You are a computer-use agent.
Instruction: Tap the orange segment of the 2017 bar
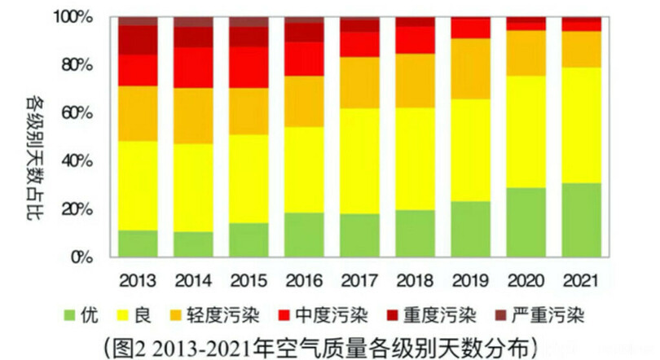[x=359, y=82]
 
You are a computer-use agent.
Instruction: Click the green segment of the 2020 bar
[x=526, y=222]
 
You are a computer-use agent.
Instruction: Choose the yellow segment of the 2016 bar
[x=304, y=169]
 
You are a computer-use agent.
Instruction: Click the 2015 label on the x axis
[x=249, y=280]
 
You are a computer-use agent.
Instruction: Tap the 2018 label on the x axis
[x=416, y=280]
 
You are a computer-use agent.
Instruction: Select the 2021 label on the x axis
[x=582, y=280]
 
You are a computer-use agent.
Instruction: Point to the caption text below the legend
[x=329, y=342]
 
